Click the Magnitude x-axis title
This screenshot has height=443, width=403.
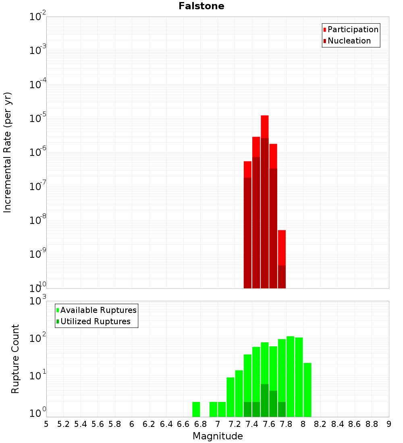click(x=218, y=436)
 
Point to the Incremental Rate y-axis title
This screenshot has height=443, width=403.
click(x=7, y=152)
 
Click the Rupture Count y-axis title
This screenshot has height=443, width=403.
click(x=15, y=358)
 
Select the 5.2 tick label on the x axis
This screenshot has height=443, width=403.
click(x=63, y=424)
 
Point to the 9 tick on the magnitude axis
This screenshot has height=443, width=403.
click(x=389, y=424)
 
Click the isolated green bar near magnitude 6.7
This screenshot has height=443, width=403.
click(x=196, y=409)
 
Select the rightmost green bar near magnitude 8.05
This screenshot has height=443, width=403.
click(x=307, y=389)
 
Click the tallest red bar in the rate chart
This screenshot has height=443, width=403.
click(x=265, y=201)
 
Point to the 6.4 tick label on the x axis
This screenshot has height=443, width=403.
click(x=166, y=424)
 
